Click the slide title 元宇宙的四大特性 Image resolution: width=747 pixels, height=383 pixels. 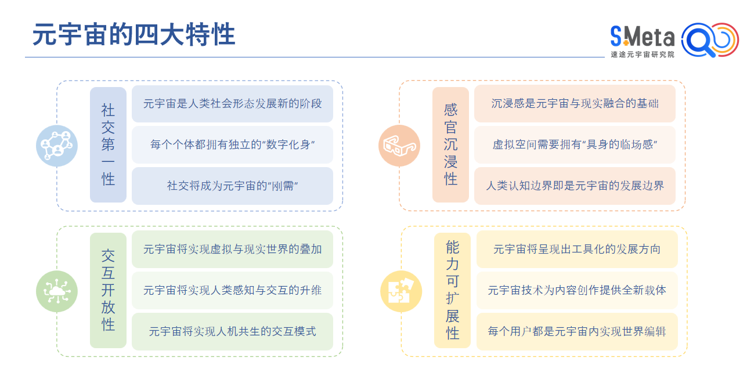click(x=133, y=35)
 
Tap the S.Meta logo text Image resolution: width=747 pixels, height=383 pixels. click(x=642, y=37)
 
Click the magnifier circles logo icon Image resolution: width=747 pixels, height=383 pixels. click(x=709, y=40)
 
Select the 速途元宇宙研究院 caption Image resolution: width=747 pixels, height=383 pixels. click(x=643, y=55)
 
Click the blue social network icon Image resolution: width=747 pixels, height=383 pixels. click(x=57, y=146)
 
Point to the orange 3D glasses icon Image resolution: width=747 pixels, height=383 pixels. click(x=399, y=146)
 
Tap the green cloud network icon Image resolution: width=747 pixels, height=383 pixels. click(x=57, y=291)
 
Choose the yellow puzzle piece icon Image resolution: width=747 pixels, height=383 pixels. click(x=400, y=291)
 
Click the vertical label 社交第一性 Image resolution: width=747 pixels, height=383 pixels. click(x=108, y=144)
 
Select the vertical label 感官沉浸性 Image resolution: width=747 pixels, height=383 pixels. click(x=450, y=144)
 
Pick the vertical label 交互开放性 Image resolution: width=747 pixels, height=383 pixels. click(x=108, y=290)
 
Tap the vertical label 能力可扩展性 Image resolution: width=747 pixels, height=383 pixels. click(x=452, y=290)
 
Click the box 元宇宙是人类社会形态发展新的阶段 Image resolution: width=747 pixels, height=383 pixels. click(x=232, y=104)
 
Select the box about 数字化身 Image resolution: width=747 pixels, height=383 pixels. click(x=232, y=145)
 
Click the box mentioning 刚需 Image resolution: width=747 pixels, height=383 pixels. click(x=232, y=186)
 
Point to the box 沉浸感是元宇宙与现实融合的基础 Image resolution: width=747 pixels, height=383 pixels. click(x=575, y=104)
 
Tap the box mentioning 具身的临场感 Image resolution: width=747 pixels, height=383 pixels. click(x=575, y=145)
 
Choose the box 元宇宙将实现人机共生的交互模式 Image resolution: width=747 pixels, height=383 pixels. click(x=232, y=331)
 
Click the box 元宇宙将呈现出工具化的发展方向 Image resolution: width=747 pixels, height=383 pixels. click(x=577, y=250)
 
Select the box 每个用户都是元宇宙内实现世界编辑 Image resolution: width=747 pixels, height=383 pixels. click(x=577, y=331)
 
